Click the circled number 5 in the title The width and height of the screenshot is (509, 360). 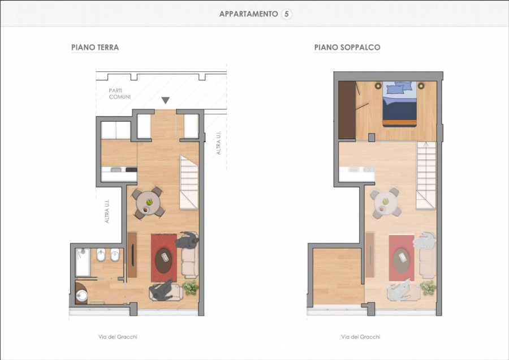[x=286, y=14]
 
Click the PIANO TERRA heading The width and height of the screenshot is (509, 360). [x=95, y=48]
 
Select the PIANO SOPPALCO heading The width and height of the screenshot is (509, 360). [x=347, y=48]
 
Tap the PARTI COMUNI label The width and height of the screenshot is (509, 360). [x=120, y=93]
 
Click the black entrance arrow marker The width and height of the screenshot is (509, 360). [x=166, y=100]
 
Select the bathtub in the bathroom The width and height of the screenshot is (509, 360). [x=83, y=262]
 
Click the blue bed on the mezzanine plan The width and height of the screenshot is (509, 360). [x=399, y=104]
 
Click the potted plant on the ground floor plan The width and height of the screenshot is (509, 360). [x=190, y=288]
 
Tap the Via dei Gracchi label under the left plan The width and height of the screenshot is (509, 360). [x=118, y=337]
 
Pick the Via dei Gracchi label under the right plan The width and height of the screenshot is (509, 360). [x=361, y=337]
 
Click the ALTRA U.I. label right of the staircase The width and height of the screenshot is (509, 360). [x=218, y=143]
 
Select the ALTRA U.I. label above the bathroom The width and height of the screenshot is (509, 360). [x=107, y=211]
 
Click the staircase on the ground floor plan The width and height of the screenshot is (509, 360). [x=189, y=182]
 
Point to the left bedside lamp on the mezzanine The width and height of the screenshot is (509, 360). [x=378, y=86]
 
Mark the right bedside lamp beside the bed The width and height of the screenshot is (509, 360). [x=421, y=86]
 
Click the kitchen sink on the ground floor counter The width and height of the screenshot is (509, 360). [x=116, y=169]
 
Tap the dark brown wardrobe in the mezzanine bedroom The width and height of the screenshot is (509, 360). [x=347, y=110]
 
